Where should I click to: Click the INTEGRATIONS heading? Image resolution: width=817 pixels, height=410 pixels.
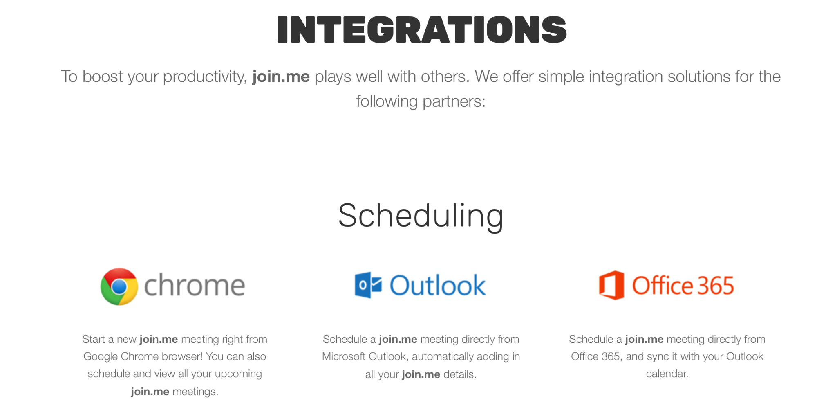click(x=422, y=29)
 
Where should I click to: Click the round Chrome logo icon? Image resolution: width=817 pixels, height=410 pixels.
click(x=119, y=286)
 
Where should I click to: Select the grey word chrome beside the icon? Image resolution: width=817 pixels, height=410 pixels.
click(x=195, y=285)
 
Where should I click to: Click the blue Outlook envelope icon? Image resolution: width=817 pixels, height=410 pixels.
click(x=368, y=285)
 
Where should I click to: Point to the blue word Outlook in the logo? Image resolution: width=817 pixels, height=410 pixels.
click(x=438, y=285)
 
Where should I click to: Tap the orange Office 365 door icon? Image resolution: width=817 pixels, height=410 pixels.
click(x=611, y=285)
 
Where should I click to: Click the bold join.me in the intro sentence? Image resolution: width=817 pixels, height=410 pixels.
click(x=281, y=77)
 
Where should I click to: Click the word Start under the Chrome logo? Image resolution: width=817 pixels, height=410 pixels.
click(x=94, y=339)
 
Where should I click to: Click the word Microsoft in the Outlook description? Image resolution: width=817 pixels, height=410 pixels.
click(x=344, y=356)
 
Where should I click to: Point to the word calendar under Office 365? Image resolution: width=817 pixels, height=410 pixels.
click(x=667, y=374)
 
